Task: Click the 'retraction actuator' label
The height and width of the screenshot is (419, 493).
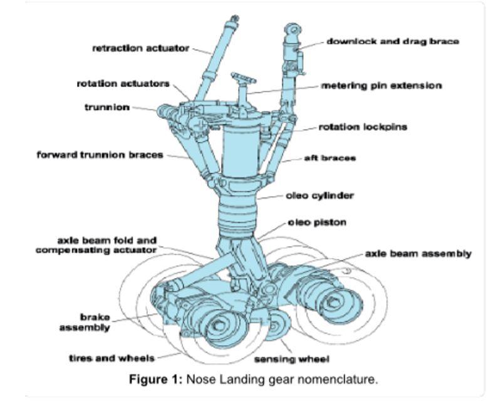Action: (x=140, y=48)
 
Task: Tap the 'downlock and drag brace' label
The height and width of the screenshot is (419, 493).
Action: (x=393, y=41)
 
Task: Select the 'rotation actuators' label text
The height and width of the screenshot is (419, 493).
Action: (x=123, y=83)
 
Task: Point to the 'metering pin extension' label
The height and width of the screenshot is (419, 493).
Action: (x=381, y=85)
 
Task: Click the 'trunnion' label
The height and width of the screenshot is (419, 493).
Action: (x=107, y=107)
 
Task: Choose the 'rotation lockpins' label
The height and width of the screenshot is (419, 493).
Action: (x=363, y=127)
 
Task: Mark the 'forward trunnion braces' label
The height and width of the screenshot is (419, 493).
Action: (x=100, y=155)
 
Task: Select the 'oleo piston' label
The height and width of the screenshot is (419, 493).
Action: (x=317, y=222)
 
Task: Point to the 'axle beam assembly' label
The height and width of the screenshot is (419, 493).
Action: (x=418, y=254)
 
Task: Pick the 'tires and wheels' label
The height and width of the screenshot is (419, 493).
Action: (x=112, y=358)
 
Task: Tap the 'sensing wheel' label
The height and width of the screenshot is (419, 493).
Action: (x=291, y=360)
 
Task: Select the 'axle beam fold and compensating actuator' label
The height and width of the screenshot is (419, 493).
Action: (x=98, y=245)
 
